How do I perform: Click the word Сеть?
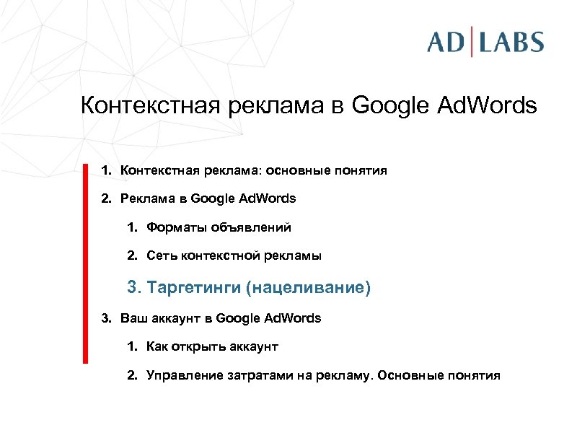[x=161, y=255]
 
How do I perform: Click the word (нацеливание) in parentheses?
[x=308, y=288]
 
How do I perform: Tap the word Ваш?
[x=132, y=318]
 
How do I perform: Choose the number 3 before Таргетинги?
[x=133, y=288]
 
